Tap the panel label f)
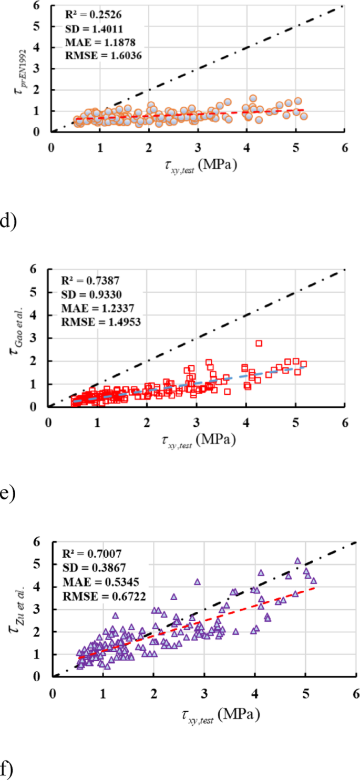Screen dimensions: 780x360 (6, 769)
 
